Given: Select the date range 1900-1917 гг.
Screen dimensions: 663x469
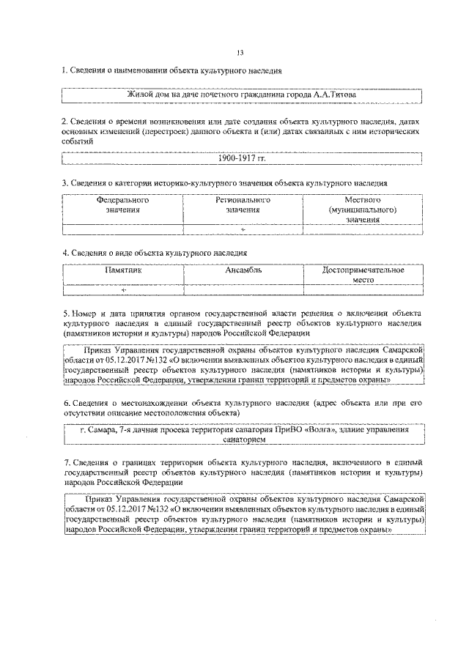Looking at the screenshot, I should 242,158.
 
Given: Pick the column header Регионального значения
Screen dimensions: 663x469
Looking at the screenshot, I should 243,204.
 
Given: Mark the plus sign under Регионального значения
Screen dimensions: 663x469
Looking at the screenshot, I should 243,229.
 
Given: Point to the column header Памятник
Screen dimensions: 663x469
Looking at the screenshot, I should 122,270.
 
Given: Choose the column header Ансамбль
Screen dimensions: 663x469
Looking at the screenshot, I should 243,270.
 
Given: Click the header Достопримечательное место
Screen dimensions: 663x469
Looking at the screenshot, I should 363,274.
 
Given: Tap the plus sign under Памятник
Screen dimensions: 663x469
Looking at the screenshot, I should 123,290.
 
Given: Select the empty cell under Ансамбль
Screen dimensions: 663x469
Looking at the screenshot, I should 243,290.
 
